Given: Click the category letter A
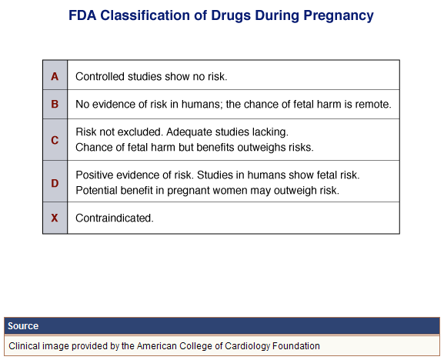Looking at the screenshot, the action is [55, 76].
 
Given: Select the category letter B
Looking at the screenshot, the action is [55, 104].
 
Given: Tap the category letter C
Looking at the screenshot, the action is [55, 140].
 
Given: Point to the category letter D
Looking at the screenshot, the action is [55, 183].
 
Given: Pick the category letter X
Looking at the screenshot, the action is [55, 218].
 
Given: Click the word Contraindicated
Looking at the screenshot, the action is [115, 218].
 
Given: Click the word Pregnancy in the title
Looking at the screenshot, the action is [339, 15].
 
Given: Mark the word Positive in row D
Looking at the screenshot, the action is [95, 175].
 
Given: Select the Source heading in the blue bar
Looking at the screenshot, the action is [23, 325].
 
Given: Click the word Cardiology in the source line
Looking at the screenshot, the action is [248, 346].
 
